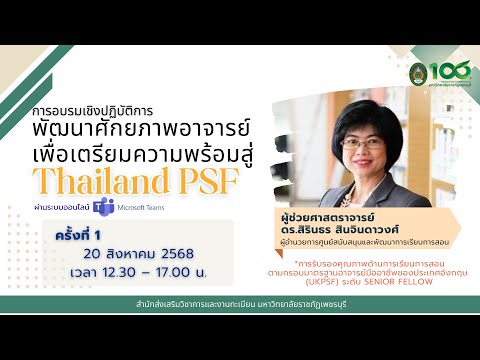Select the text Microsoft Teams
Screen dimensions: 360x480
[x=136, y=209]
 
